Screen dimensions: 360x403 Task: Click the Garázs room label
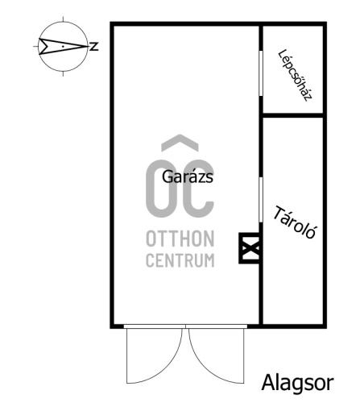pos(188,177)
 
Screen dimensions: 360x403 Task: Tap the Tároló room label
pos(294,222)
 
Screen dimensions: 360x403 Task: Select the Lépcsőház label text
pos(295,76)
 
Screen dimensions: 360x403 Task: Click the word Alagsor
pos(298,383)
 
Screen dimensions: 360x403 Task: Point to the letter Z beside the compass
pos(94,47)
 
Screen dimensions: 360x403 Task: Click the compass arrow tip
pos(89,47)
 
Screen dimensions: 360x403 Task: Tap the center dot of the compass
pos(63,47)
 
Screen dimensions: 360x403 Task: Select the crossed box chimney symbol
pos(249,248)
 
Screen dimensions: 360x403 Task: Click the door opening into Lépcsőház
pos(261,73)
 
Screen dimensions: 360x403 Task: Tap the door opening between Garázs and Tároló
pos(261,200)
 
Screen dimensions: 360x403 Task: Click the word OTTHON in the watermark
pos(180,239)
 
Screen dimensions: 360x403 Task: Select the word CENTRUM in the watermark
pos(180,260)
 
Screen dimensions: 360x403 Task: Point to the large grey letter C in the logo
pos(198,188)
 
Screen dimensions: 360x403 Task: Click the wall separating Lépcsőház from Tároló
pos(292,115)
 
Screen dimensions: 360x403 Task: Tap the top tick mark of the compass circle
pos(63,19)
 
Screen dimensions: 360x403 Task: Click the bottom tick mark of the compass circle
pos(63,73)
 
